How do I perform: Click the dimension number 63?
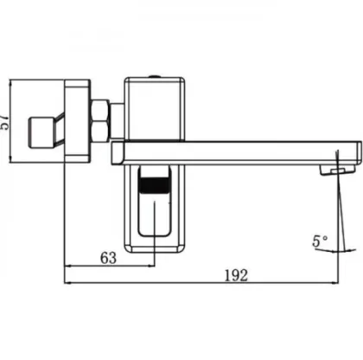[108, 258]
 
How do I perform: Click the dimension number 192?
[236, 275]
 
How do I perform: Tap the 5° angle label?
[320, 241]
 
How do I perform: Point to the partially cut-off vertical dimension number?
[3, 123]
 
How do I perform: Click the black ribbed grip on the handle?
[154, 184]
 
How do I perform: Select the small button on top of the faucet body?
[155, 76]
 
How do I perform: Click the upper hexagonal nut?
[100, 110]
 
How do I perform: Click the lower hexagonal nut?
[100, 132]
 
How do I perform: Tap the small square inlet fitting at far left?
[41, 132]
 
